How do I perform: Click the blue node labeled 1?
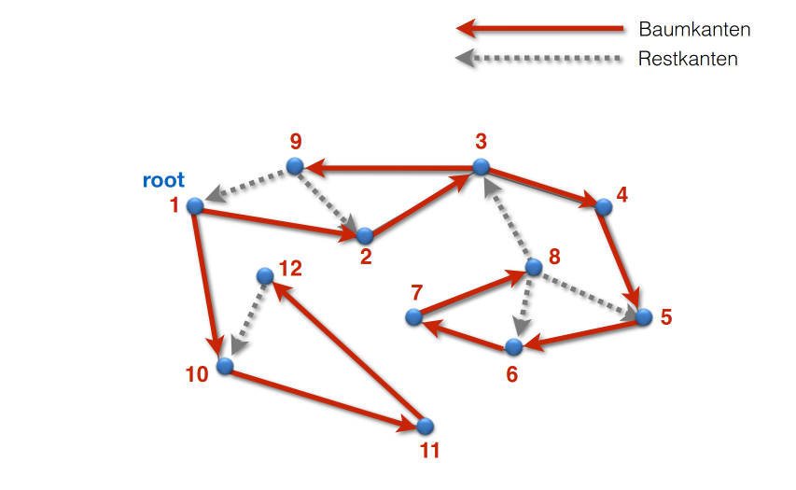195,205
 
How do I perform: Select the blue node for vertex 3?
481,167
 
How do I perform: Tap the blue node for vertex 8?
533,267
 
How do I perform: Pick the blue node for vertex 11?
425,426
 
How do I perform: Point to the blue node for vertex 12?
265,275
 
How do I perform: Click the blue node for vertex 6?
513,347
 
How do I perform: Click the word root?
163,180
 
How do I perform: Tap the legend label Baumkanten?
694,30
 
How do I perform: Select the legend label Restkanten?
688,59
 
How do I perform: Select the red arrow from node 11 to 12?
345,351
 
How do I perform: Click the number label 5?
665,316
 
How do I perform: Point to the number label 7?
416,293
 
